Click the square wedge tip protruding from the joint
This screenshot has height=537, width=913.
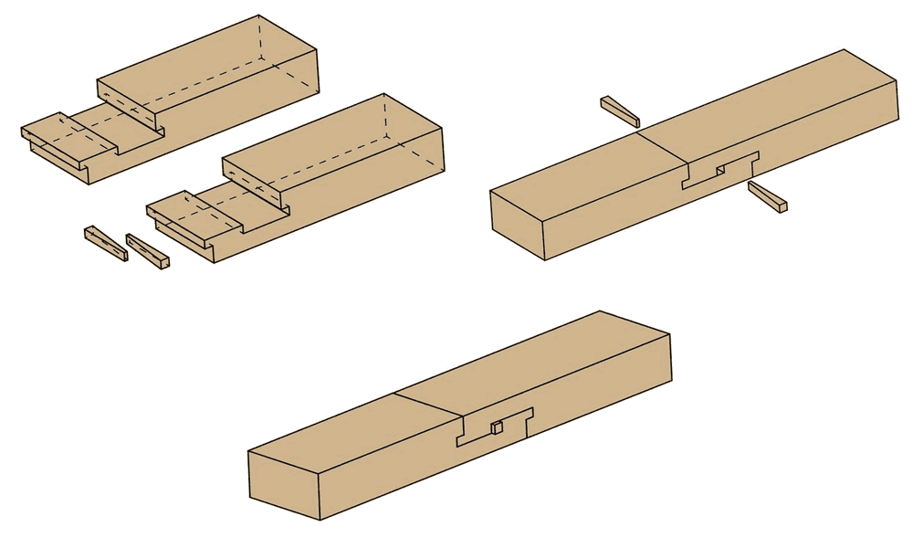(498, 427)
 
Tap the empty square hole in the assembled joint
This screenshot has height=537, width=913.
(720, 169)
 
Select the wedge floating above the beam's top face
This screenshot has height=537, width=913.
(620, 111)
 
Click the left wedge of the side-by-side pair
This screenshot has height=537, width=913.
(106, 244)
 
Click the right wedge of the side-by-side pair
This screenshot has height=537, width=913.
(148, 253)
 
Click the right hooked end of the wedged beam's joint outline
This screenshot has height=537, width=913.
(528, 416)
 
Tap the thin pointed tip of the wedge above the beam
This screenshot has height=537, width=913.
(604, 101)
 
